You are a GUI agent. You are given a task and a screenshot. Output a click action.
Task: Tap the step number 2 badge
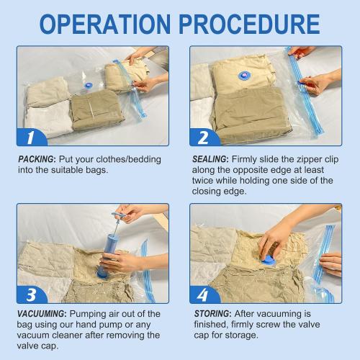(x=203, y=136)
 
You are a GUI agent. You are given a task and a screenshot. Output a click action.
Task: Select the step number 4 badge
(x=203, y=295)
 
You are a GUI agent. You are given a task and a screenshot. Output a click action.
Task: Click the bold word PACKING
(x=36, y=159)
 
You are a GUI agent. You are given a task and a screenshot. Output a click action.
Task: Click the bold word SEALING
(x=212, y=159)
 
